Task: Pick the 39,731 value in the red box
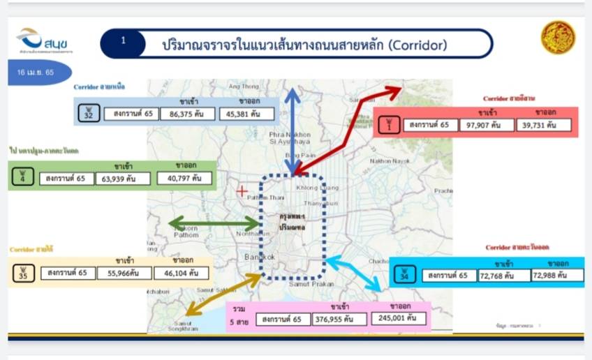pyautogui.click(x=545, y=126)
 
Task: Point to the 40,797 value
pyautogui.click(x=184, y=178)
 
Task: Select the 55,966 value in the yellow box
pyautogui.click(x=126, y=273)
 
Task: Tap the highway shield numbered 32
pyautogui.click(x=88, y=112)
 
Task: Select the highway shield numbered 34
pyautogui.click(x=404, y=276)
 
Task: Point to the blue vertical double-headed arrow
pyautogui.click(x=293, y=129)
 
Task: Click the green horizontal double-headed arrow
pyautogui.click(x=214, y=224)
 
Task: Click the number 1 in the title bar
pyautogui.click(x=124, y=41)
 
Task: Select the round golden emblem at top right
pyautogui.click(x=558, y=38)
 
